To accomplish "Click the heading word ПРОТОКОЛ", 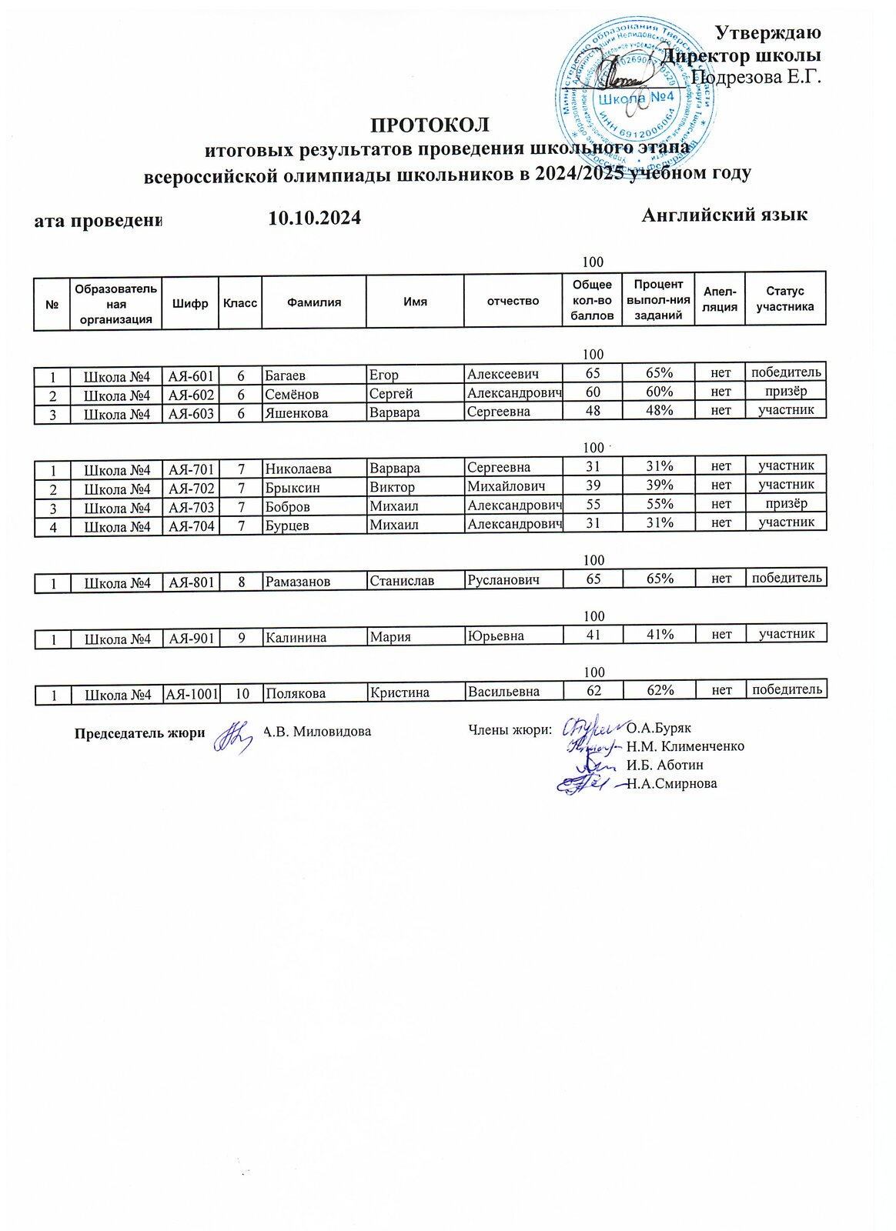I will [430, 125].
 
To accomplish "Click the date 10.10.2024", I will [314, 219].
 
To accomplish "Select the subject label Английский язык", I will [724, 215].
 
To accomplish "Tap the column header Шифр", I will [190, 303].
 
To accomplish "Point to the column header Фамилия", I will [314, 302].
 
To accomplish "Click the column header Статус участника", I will [784, 299].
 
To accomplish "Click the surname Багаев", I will [286, 376].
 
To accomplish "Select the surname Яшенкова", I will [296, 413].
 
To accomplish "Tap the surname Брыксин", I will [293, 488].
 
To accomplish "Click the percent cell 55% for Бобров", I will [660, 504].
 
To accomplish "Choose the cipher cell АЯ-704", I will [192, 527].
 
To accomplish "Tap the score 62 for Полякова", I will [593, 691].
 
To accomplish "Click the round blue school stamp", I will [634, 96].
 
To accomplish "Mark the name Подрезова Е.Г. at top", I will [756, 77].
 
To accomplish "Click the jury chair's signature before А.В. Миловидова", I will [232, 736].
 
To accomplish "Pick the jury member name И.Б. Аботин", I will [664, 765].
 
